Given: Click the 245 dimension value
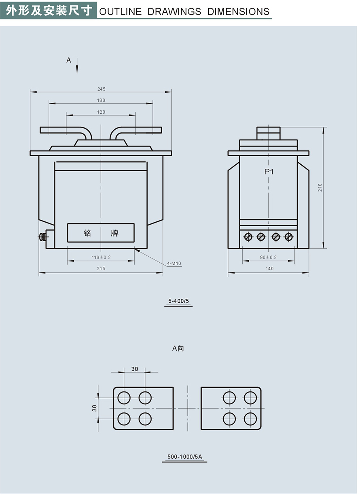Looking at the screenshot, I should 101,89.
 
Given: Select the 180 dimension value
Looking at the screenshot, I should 101,100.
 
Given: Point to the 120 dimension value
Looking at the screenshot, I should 101,112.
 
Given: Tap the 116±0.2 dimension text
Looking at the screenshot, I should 101,257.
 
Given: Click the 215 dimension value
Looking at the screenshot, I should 101,269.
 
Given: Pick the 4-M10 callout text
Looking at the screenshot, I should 174,264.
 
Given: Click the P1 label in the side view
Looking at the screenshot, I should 269,172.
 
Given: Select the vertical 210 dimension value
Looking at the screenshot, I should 320,187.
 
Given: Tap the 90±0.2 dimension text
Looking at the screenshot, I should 269,257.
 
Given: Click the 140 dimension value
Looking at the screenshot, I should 269,269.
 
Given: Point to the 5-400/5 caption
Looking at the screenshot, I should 178,301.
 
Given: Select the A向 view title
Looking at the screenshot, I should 178,348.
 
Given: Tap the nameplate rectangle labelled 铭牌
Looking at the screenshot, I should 101,233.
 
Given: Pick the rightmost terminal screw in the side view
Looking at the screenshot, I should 288,236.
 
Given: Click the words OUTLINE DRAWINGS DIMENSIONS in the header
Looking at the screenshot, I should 184,11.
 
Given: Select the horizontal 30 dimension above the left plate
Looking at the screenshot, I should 135,369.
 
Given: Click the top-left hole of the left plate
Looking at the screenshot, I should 124,398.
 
